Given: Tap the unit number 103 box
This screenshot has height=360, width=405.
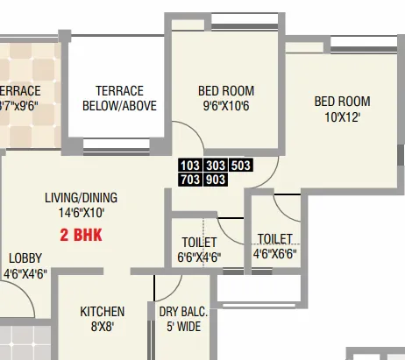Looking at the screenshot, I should (189, 165).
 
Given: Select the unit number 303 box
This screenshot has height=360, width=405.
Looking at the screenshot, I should (216, 165).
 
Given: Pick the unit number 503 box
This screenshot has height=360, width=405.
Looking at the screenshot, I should (241, 165).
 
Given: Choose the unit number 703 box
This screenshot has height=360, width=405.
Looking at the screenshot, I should (189, 180).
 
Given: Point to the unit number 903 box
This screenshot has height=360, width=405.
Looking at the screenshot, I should (216, 180).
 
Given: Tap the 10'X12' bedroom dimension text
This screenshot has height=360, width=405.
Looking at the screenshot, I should (342, 116).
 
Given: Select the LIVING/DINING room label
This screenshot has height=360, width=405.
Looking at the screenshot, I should (81, 197).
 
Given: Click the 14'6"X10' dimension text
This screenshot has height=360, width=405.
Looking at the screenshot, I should (81, 212).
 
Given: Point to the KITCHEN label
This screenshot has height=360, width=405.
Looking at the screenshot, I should (103, 311).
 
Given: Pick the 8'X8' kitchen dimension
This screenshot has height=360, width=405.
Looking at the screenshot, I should (103, 326).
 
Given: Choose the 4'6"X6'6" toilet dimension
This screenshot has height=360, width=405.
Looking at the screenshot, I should (274, 255).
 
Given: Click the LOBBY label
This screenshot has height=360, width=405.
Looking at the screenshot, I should (25, 258).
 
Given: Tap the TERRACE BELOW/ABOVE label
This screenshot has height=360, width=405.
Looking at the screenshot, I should (119, 98).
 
